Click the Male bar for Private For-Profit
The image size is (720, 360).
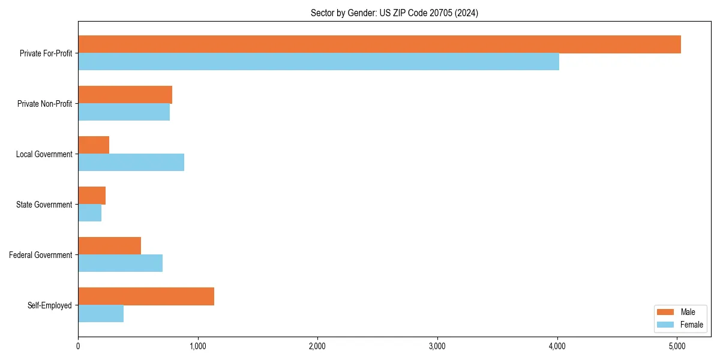[379, 44]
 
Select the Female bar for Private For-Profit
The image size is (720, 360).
[319, 62]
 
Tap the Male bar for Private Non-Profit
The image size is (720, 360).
[125, 95]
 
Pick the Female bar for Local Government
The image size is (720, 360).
[131, 163]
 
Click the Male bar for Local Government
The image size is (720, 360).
[94, 145]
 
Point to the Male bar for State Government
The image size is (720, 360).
[92, 196]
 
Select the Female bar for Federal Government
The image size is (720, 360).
[120, 263]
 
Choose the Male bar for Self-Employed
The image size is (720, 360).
[146, 296]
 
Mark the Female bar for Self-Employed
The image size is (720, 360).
[101, 314]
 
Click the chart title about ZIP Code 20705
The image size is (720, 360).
[394, 13]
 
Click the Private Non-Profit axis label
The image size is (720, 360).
[44, 104]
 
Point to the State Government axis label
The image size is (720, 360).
[44, 205]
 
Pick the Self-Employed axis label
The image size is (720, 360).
[49, 305]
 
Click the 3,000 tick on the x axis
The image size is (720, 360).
[437, 346]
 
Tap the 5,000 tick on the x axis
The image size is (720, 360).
[677, 346]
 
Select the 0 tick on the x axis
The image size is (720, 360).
[78, 346]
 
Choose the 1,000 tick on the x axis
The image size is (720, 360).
[197, 346]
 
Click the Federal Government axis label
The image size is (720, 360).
[41, 255]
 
